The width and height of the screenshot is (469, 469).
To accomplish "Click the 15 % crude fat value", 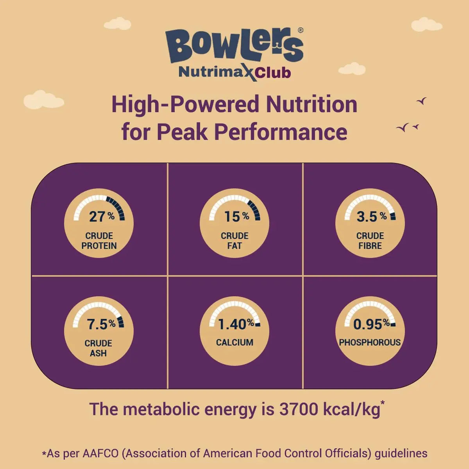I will [x=236, y=216].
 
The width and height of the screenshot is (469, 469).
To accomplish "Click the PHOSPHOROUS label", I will [x=370, y=342].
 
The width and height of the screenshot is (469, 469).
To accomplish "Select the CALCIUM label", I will [x=234, y=342].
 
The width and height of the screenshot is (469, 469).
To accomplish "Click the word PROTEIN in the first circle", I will [x=99, y=246].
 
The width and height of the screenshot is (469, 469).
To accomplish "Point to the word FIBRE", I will [x=370, y=246].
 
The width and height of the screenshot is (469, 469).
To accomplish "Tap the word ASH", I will [x=98, y=353].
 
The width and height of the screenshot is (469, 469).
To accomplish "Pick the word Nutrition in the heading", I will [x=311, y=104].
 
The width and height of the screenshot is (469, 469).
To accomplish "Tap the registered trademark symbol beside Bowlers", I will [x=300, y=30].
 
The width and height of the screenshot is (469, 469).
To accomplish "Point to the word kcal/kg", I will [x=352, y=409].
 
